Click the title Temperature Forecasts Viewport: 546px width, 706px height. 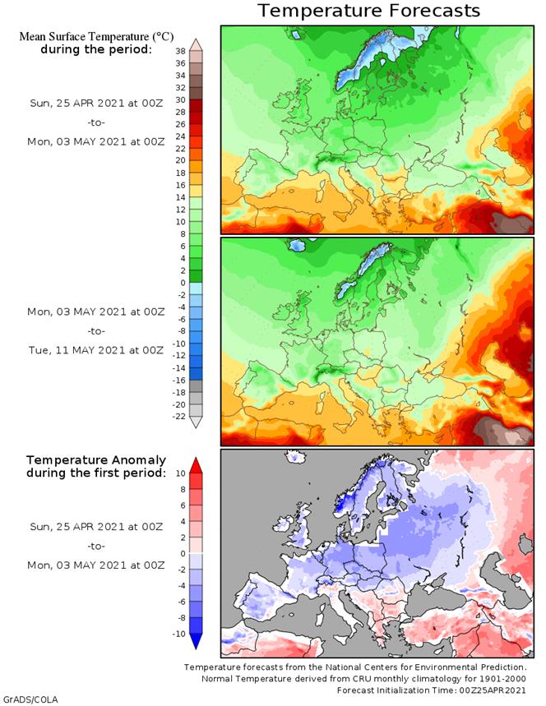tap(368, 11)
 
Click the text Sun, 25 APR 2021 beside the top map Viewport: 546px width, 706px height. tap(96, 103)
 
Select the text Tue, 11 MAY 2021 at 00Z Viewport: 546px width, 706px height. tap(96, 351)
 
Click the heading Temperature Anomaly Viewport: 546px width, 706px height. tap(96, 459)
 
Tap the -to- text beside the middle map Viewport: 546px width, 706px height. tap(96, 331)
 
